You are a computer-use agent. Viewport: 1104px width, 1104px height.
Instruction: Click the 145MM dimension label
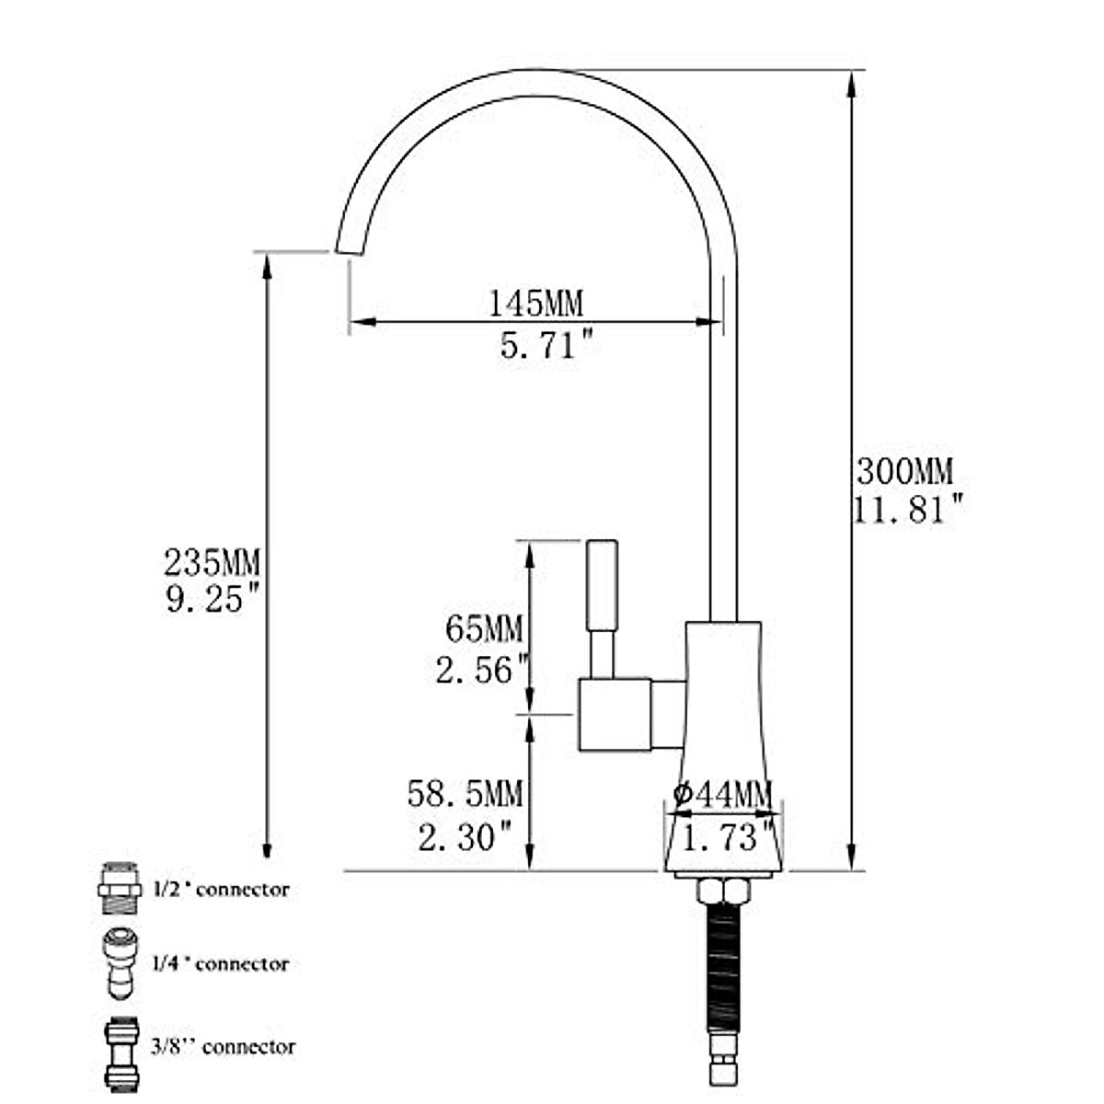[535, 304]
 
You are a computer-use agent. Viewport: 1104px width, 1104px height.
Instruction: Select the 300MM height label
[905, 472]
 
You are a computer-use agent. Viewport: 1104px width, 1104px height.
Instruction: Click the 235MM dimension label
[212, 563]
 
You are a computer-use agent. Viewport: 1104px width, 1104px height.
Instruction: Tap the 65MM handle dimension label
[484, 629]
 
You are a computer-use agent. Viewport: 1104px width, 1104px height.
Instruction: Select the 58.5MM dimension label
[466, 794]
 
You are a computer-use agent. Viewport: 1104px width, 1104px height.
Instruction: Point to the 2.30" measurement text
[464, 837]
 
